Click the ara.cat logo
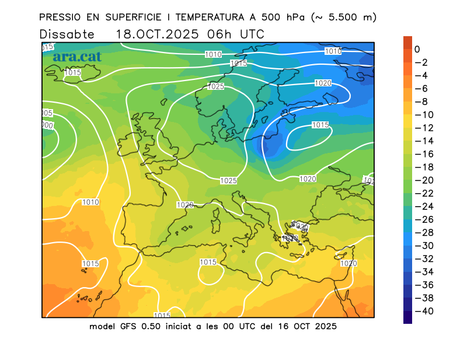coord(76,57)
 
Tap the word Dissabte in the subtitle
coord(67,34)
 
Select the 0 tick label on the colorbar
coord(417,50)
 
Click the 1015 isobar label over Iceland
coord(73,72)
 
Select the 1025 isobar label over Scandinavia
coord(216,86)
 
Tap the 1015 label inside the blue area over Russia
coord(320,125)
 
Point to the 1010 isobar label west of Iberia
coord(90,202)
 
